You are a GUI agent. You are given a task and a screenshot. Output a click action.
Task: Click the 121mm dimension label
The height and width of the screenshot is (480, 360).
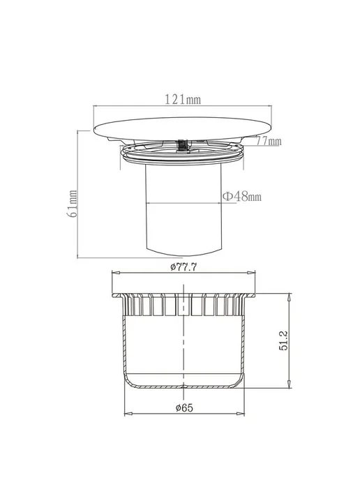pyautogui.click(x=183, y=99)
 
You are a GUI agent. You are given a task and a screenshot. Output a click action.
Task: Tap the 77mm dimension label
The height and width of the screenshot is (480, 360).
pyautogui.click(x=269, y=141)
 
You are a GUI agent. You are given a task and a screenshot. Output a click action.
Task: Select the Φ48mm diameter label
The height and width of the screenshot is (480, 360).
pyautogui.click(x=242, y=196)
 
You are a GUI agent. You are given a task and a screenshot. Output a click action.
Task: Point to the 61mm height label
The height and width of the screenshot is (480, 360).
pyautogui.click(x=72, y=204)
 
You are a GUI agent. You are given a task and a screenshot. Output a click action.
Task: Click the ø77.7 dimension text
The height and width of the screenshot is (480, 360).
pyautogui.click(x=183, y=267)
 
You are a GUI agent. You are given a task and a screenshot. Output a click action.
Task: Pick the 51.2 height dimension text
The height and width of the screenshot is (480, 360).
pyautogui.click(x=284, y=340)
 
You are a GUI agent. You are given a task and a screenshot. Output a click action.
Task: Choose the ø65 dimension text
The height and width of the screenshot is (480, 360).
pyautogui.click(x=184, y=407)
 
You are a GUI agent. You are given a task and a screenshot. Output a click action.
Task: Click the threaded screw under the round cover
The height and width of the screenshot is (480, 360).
pyautogui.click(x=183, y=145)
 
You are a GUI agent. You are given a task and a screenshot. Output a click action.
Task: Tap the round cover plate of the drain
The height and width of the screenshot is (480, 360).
pyautogui.click(x=183, y=128)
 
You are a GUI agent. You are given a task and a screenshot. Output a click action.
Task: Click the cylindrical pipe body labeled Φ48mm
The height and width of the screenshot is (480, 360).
pyautogui.click(x=183, y=211)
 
